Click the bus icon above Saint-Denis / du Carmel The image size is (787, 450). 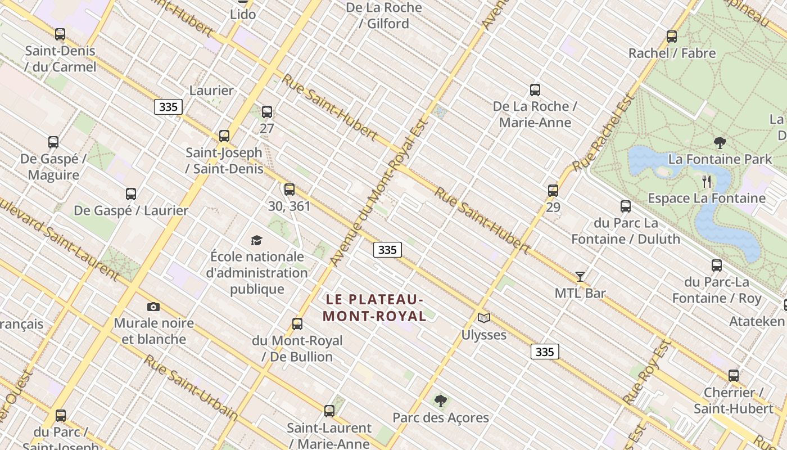point(60,34)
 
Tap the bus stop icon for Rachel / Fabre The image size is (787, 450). point(671,37)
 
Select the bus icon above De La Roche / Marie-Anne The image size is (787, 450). point(535,90)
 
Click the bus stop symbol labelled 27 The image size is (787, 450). point(267,112)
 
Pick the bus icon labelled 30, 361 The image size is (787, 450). point(290,190)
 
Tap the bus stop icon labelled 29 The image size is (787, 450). point(553,191)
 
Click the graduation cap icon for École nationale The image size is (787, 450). point(256,241)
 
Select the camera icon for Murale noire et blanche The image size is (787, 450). point(153,307)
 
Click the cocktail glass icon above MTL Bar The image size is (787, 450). point(580,277)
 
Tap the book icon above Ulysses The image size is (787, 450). point(483,318)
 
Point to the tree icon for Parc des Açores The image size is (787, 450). point(441,401)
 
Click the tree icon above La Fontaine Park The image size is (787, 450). point(720,142)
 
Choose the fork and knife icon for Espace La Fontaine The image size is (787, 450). point(707,181)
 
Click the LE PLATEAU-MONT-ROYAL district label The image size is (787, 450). point(374,307)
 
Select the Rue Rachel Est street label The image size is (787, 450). point(605,133)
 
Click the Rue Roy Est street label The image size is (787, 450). point(648,372)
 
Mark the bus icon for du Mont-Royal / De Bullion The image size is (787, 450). point(297,324)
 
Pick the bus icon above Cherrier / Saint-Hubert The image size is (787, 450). point(734,376)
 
